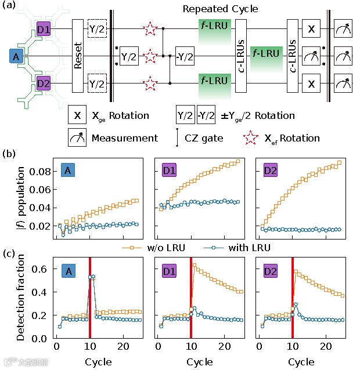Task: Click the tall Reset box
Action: click(x=78, y=56)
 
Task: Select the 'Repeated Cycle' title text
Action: click(x=212, y=9)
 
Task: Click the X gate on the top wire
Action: click(x=311, y=28)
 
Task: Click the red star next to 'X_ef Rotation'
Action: click(x=251, y=138)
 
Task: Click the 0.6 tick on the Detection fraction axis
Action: click(x=44, y=269)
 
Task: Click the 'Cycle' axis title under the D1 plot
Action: click(x=200, y=361)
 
